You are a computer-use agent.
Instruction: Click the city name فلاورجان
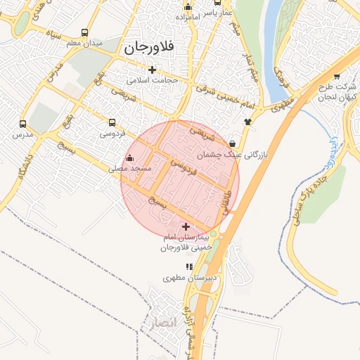[x=150, y=49]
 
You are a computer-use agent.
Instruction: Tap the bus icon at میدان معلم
[x=85, y=33]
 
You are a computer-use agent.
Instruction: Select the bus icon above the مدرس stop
[x=23, y=122]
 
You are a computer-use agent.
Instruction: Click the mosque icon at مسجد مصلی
[x=129, y=158]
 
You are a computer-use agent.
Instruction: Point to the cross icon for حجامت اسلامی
[x=152, y=69]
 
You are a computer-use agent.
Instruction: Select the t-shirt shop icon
[x=247, y=121]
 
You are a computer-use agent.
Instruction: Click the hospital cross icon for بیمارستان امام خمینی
[x=186, y=226]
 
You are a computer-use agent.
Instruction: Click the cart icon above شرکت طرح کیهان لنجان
[x=336, y=75]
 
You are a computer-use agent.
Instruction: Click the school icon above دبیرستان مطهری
[x=188, y=266]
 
